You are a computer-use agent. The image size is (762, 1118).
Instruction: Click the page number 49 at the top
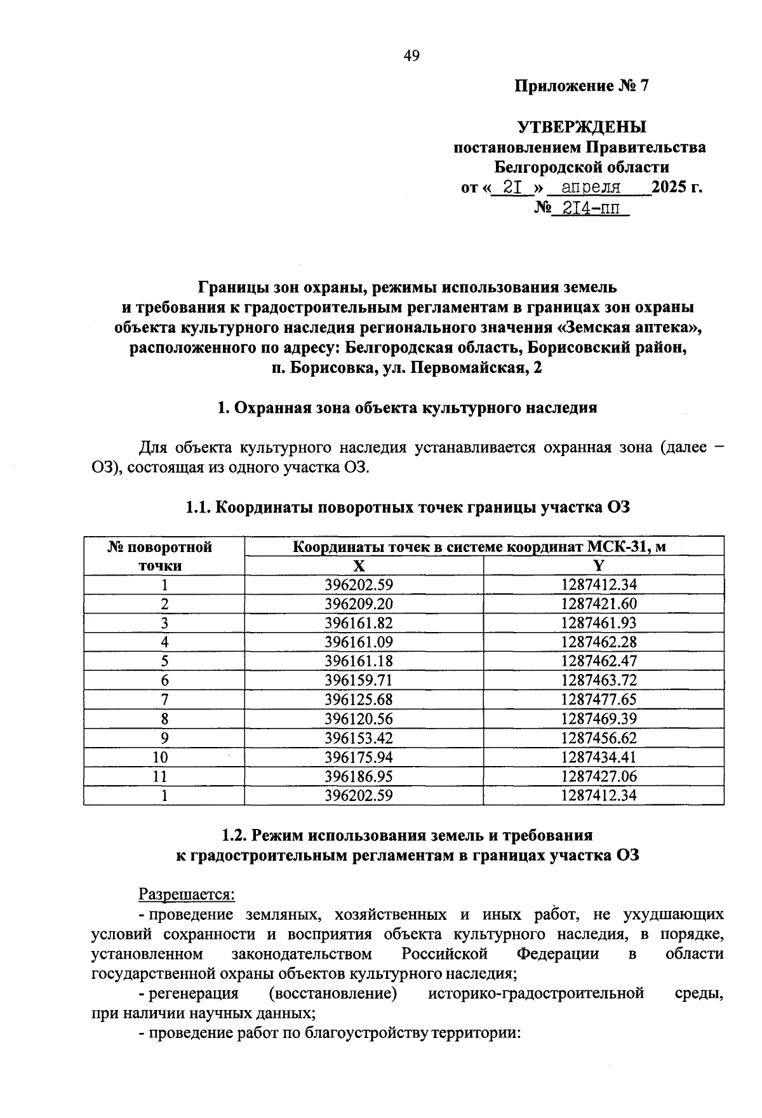[411, 57]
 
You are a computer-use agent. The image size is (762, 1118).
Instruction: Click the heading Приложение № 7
[582, 86]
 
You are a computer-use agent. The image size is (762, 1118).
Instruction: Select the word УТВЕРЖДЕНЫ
[582, 127]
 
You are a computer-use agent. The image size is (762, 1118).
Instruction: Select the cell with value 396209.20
[363, 603]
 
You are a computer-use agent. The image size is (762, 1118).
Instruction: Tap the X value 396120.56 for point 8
[363, 718]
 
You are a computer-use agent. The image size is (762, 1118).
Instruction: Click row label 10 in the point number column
[164, 757]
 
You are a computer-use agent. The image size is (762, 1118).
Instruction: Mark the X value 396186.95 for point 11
[363, 776]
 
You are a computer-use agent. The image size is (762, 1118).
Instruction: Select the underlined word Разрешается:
[187, 894]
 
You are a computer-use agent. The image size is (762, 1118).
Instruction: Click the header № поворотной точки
[164, 556]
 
